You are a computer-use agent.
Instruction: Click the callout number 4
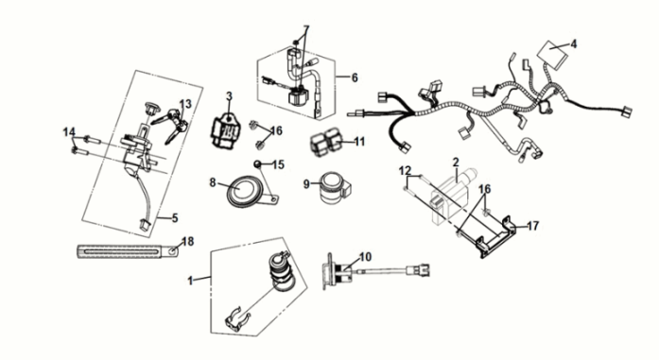tap(574, 43)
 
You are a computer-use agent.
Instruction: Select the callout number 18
tap(188, 242)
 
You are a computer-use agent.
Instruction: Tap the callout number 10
tap(366, 257)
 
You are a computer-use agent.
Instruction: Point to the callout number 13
tap(185, 104)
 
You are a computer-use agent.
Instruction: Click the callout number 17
tap(532, 226)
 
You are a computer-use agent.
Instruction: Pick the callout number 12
tap(405, 170)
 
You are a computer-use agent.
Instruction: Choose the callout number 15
tap(278, 164)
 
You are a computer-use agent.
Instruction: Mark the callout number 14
tap(69, 132)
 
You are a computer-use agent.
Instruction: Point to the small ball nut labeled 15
tap(257, 163)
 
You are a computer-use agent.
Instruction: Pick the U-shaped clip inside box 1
tap(236, 321)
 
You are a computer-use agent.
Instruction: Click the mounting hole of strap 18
tap(173, 251)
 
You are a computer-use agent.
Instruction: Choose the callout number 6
tap(355, 77)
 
